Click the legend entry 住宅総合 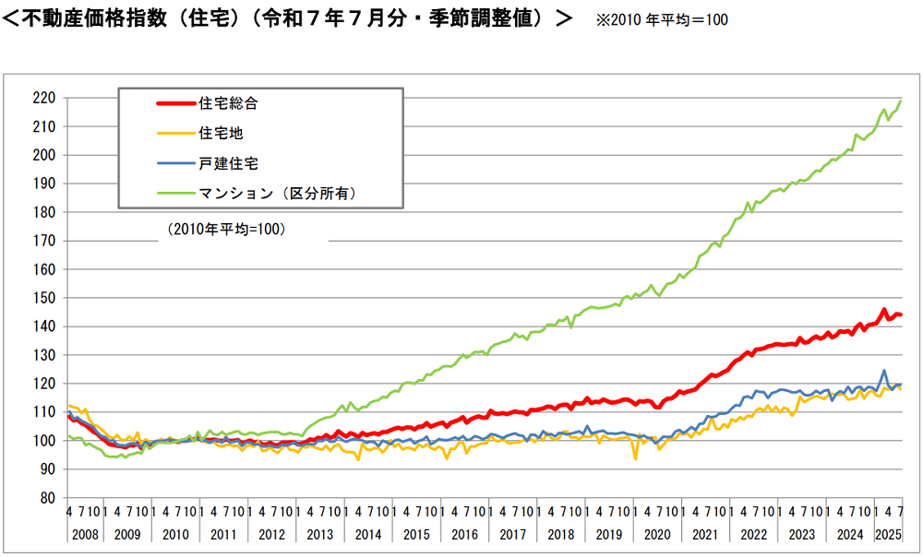click(x=227, y=103)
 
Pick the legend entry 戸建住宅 click(x=227, y=163)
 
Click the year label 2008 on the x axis click(x=80, y=535)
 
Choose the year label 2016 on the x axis click(x=464, y=535)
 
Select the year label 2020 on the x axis click(x=656, y=535)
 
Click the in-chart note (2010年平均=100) click(x=227, y=229)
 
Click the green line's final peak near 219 click(x=900, y=101)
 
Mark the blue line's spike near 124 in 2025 click(x=884, y=371)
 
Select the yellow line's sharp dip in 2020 click(x=635, y=457)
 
